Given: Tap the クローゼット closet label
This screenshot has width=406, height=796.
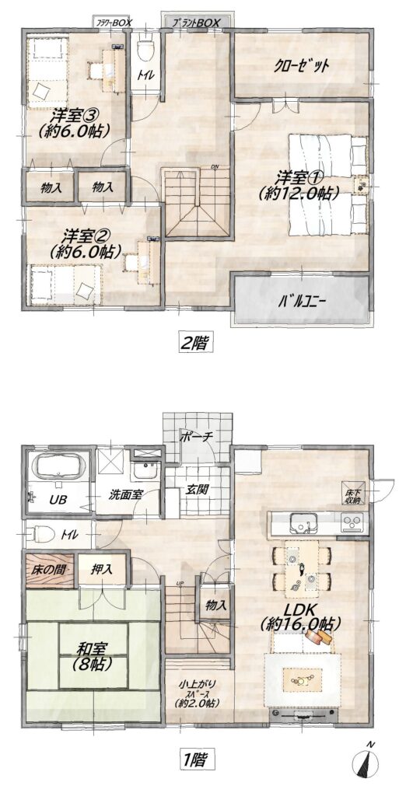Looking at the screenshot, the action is [x=303, y=65].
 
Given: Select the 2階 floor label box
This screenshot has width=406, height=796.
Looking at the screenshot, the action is [x=196, y=341].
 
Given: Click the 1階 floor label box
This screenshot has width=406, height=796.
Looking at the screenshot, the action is [x=196, y=759].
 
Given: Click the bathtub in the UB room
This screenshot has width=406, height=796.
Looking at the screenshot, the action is [x=56, y=466].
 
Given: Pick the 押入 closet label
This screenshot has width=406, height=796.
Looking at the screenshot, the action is [x=103, y=569].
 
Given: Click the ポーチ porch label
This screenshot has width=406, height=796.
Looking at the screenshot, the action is [x=197, y=437].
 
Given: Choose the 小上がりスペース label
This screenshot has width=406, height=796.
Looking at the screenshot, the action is [x=198, y=691].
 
